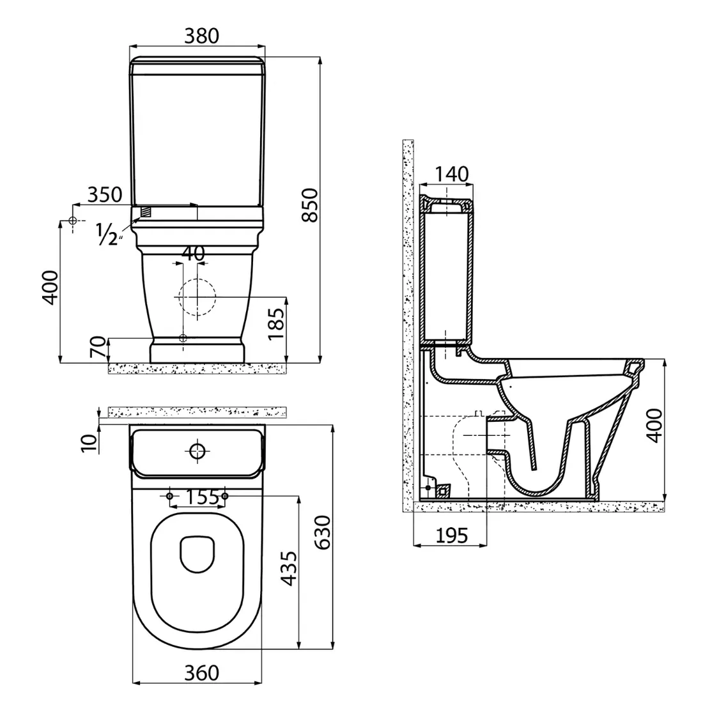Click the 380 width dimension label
tap(202, 36)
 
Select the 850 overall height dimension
tap(309, 205)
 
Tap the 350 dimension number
tap(104, 194)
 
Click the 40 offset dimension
tap(193, 253)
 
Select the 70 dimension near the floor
tap(98, 346)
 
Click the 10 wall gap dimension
tap(89, 443)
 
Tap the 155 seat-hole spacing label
tap(202, 497)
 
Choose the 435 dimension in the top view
tap(288, 569)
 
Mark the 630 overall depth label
tap(322, 532)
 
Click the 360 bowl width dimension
tap(202, 672)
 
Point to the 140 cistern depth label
tap(452, 174)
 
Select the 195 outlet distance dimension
tap(452, 536)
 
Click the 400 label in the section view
tap(655, 426)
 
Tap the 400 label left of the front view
tap(50, 288)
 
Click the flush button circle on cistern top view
tap(197, 451)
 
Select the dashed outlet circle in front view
tap(197, 297)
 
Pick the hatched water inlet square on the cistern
tap(145, 211)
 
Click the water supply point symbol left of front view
tap(72, 220)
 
